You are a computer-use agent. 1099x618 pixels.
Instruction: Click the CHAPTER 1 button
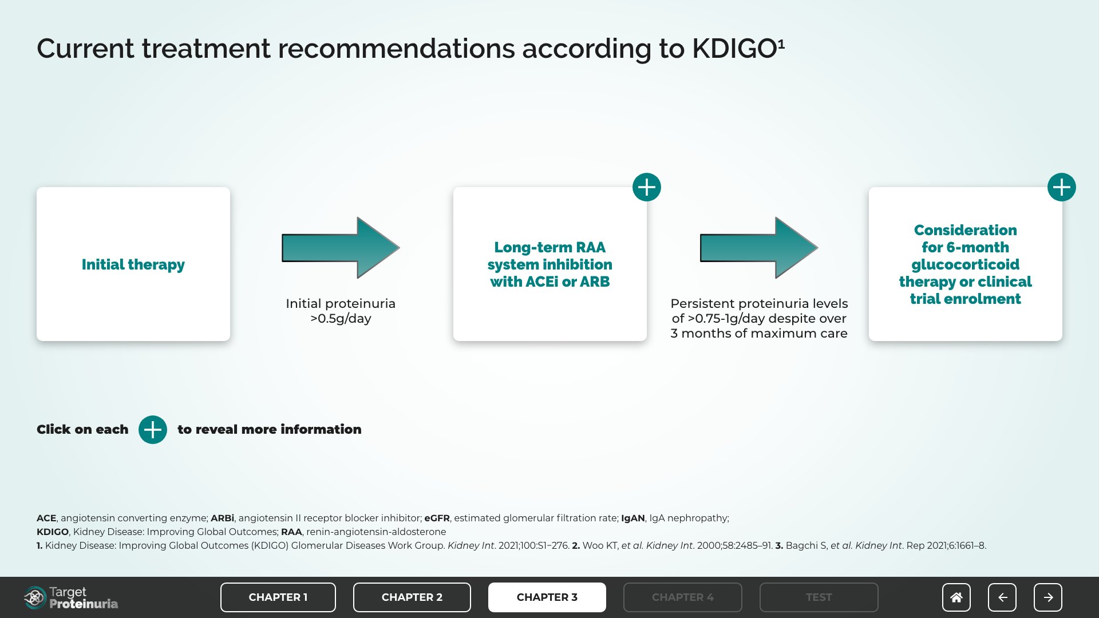coord(278,597)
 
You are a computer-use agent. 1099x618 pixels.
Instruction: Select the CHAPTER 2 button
coord(412,597)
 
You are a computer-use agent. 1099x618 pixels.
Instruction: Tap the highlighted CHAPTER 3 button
coord(547,597)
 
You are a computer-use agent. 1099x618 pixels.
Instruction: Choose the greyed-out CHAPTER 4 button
coord(683,597)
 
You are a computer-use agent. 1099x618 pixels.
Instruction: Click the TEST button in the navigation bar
coord(819,597)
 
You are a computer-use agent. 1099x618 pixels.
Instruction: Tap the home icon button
coord(956,597)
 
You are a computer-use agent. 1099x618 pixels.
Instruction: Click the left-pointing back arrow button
coord(1002,597)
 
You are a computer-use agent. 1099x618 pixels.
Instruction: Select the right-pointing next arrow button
coord(1048,597)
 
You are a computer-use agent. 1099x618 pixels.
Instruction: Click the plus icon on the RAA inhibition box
coord(647,187)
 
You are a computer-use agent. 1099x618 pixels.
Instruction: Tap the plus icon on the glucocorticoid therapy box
coord(1062,187)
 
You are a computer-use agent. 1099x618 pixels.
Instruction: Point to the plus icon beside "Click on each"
coord(153,430)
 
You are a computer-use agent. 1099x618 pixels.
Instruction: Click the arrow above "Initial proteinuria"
coord(341,248)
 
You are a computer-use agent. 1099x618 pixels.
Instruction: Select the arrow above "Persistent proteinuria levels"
coord(759,248)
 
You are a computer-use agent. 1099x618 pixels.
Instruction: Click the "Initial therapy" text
coord(133,264)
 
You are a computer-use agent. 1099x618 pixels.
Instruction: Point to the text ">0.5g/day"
coord(341,319)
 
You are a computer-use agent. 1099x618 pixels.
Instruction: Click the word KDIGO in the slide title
coord(734,49)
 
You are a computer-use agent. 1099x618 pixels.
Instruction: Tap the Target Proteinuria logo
coord(71,598)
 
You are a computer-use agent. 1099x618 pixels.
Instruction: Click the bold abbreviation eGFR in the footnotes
coord(437,518)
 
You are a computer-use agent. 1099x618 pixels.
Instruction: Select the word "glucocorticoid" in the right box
coord(966,265)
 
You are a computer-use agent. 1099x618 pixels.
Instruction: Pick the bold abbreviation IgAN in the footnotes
coord(633,518)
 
